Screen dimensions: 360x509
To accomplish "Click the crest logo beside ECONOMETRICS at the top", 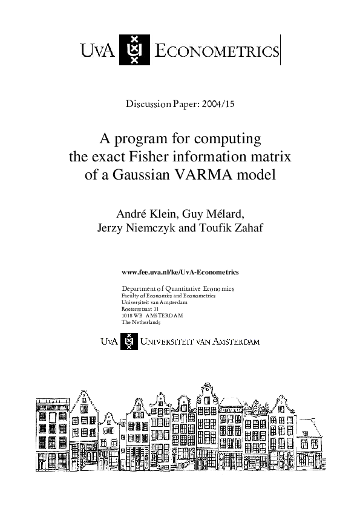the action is (134, 49).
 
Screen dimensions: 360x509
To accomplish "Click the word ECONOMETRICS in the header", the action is (217, 51).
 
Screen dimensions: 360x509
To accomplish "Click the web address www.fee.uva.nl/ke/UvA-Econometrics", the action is (180, 273).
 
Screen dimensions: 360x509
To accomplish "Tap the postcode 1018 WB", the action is (131, 316).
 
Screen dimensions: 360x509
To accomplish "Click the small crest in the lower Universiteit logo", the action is (128, 342).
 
